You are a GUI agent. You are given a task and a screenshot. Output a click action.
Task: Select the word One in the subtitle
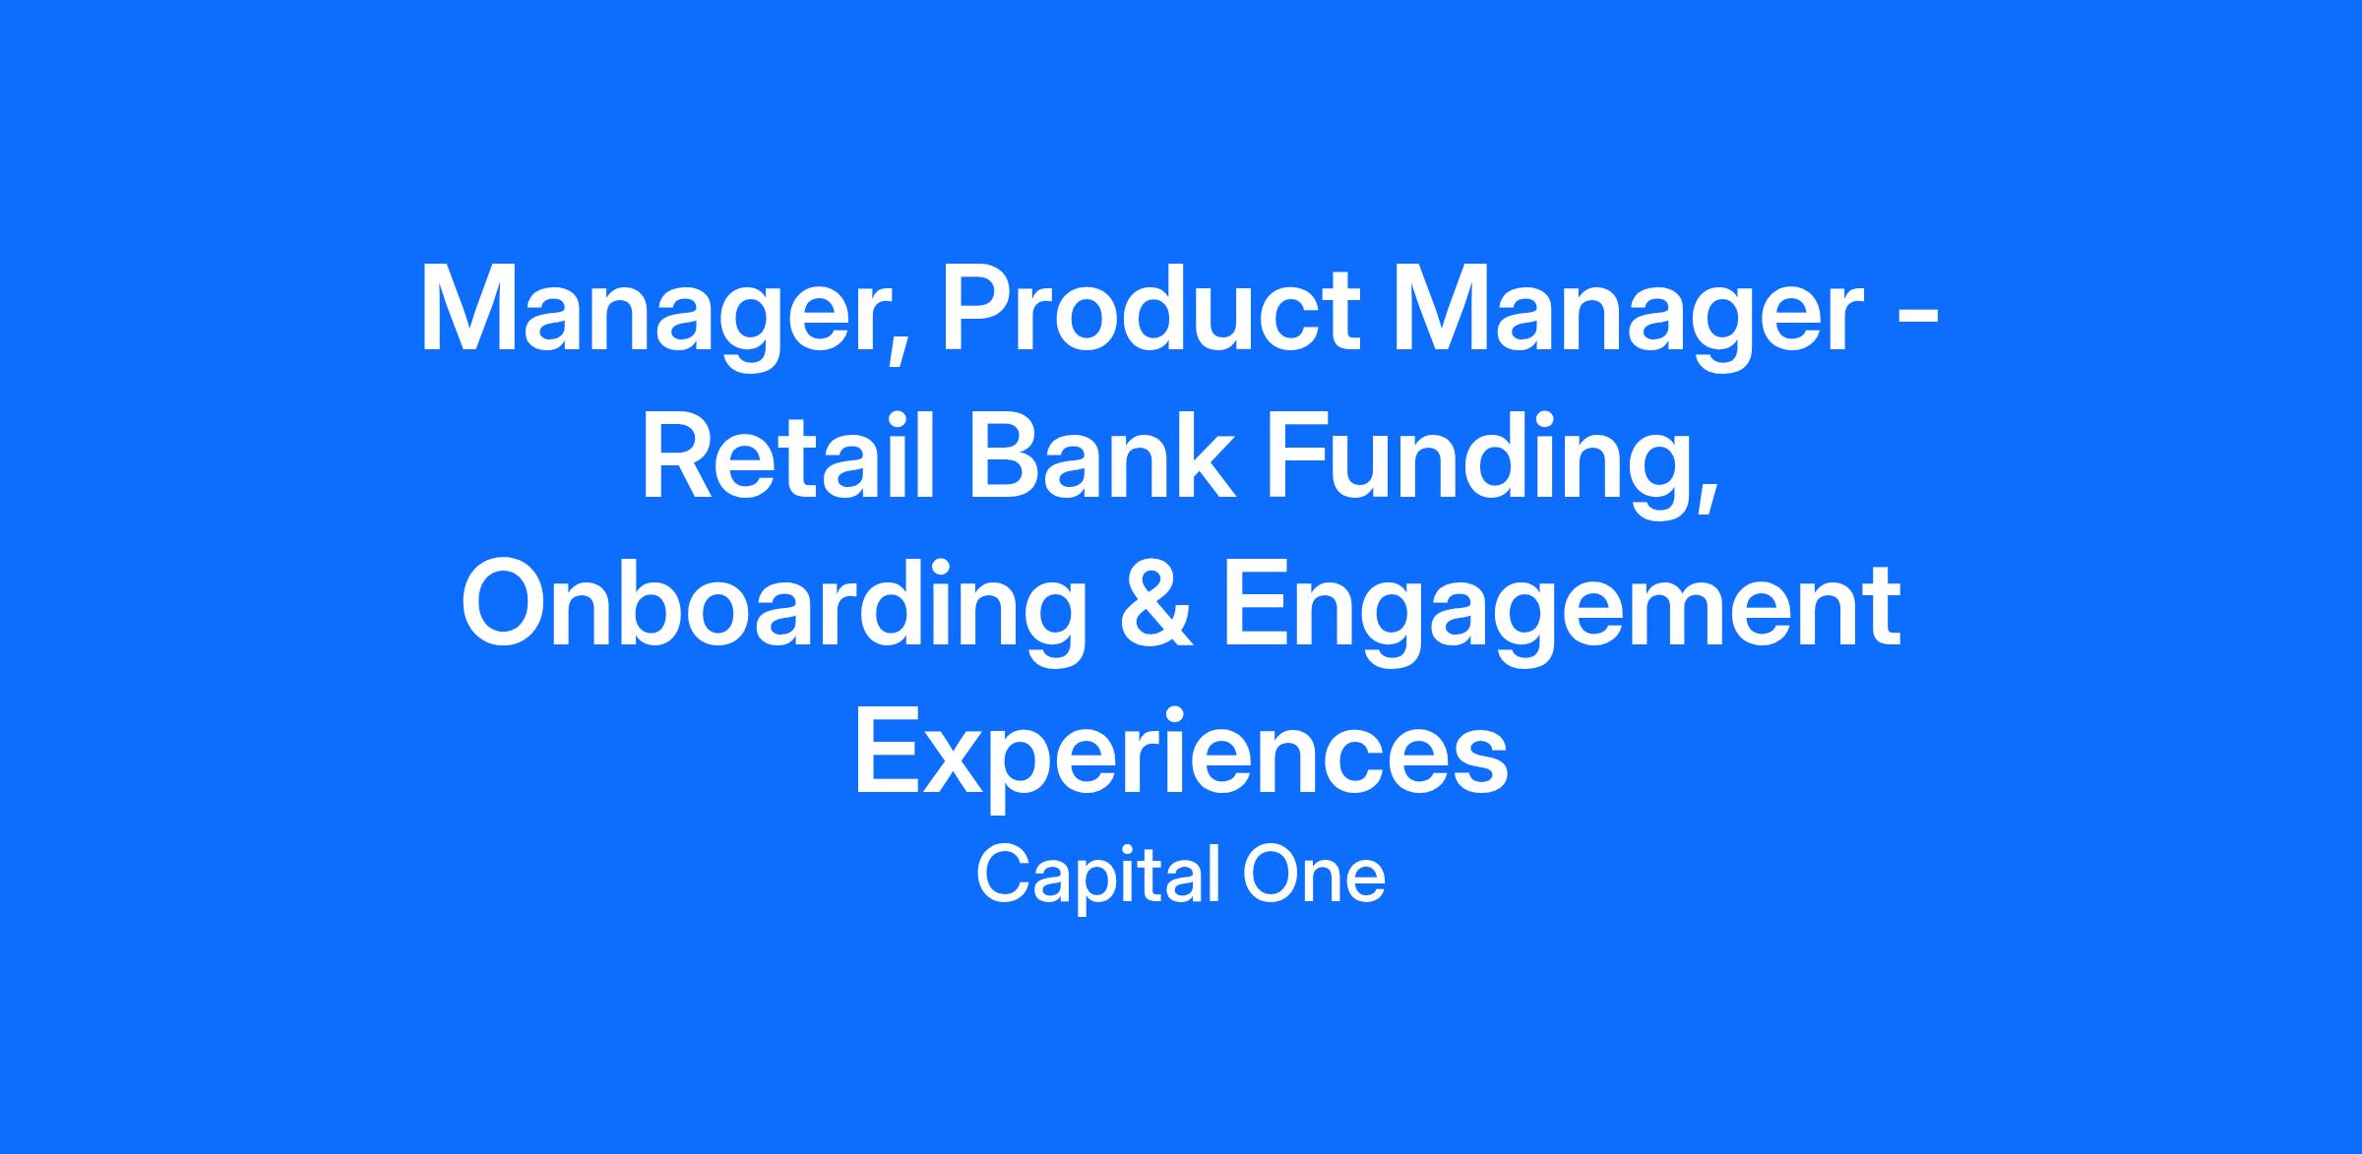click(x=1315, y=876)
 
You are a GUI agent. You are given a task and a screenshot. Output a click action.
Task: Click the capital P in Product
click(x=979, y=308)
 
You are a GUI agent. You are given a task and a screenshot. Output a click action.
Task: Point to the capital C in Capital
click(x=1002, y=876)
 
